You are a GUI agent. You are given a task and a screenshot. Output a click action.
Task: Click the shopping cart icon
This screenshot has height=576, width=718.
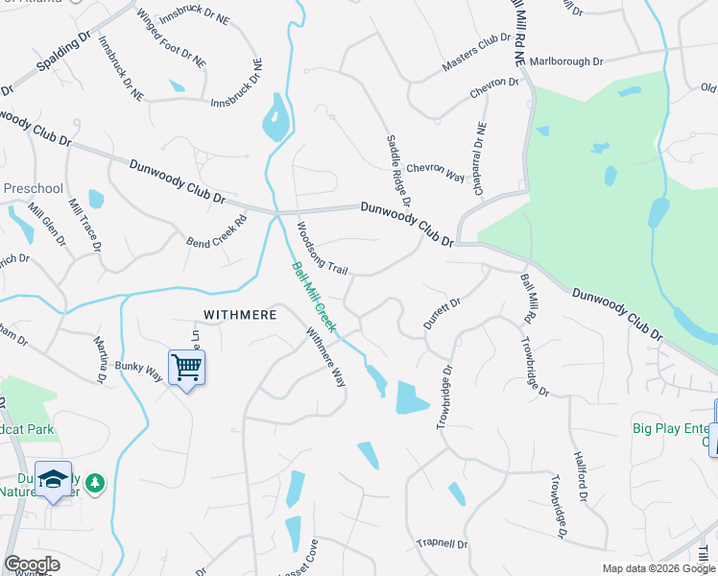pos(186,366)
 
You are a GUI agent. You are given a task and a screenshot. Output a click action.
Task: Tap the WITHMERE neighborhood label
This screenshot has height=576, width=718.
pos(240,315)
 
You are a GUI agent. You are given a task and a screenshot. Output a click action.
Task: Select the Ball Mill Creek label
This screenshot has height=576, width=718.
pos(314,297)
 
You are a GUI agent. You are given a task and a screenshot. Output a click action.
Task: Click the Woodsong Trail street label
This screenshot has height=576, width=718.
pos(322,248)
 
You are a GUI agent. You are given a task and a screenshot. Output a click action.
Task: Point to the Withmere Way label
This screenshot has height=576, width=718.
pos(325,358)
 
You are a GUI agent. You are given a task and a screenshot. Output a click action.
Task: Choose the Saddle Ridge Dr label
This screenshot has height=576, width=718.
pos(398,171)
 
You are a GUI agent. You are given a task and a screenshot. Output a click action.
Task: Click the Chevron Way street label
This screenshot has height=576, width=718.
pos(435,170)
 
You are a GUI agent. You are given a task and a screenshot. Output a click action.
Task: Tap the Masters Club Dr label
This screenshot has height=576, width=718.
pos(476,52)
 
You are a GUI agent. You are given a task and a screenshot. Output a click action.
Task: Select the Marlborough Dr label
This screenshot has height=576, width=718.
pos(565,60)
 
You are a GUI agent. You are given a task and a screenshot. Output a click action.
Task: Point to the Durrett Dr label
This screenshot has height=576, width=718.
pos(443,314)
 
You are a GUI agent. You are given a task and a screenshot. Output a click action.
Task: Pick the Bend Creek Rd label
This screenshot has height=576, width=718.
pos(217,229)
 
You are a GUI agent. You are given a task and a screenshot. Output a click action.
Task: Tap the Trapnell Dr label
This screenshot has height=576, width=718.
pos(442,544)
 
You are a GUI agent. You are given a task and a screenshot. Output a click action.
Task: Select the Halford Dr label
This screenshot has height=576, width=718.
pos(579,477)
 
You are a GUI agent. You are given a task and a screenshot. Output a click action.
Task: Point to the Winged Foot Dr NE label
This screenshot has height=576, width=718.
pos(171,38)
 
